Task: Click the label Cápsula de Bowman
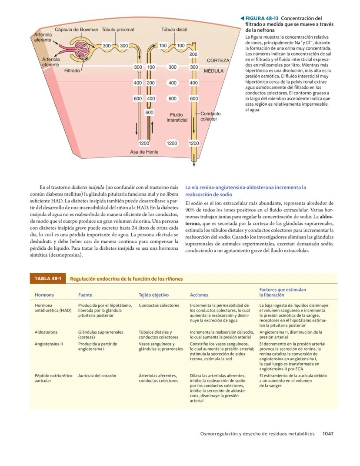[77, 30]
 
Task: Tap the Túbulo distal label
[174, 30]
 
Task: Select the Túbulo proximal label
[118, 30]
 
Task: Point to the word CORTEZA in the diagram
[218, 60]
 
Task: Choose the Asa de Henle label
[144, 152]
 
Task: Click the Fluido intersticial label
[177, 117]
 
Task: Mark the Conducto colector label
[210, 116]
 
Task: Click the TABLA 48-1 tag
[47, 278]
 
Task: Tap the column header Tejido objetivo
[153, 295]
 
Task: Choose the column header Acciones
[199, 295]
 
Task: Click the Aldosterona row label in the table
[46, 332]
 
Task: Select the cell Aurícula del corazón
[97, 375]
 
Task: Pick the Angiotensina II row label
[49, 344]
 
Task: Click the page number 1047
[328, 433]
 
